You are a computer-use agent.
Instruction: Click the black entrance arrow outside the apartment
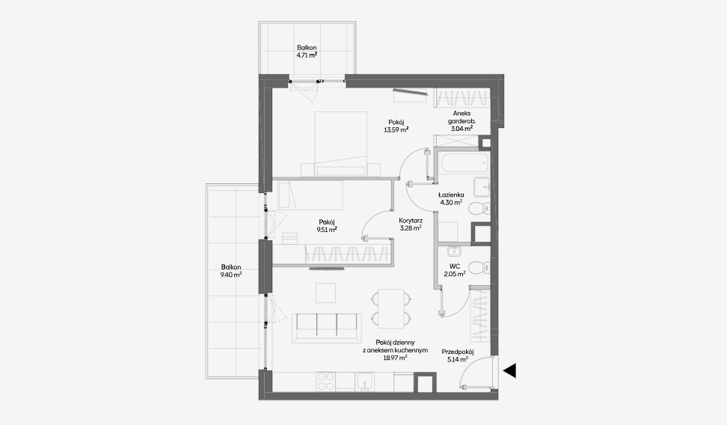pos(509,370)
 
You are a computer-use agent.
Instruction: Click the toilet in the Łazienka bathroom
pos(479,209)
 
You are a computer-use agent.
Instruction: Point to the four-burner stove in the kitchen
pos(326,381)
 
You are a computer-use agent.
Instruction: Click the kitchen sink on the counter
pos(365,382)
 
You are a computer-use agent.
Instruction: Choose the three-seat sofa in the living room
pos(326,328)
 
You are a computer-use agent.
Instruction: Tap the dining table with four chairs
pos(391,306)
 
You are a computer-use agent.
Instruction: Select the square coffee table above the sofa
pos(326,293)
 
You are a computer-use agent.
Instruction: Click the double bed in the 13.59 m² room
pos(341,144)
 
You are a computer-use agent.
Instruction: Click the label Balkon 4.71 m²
pos(307,51)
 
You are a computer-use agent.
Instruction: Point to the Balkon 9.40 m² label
pos(231,271)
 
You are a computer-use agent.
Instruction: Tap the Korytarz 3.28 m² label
pos(411,224)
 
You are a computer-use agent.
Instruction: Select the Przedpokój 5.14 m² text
pos(458,355)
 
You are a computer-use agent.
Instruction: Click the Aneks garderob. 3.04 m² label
pos(461,121)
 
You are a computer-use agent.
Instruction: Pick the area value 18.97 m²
pos(396,358)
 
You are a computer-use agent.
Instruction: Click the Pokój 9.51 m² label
pos(326,225)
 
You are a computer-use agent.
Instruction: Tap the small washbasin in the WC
pos(454,251)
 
